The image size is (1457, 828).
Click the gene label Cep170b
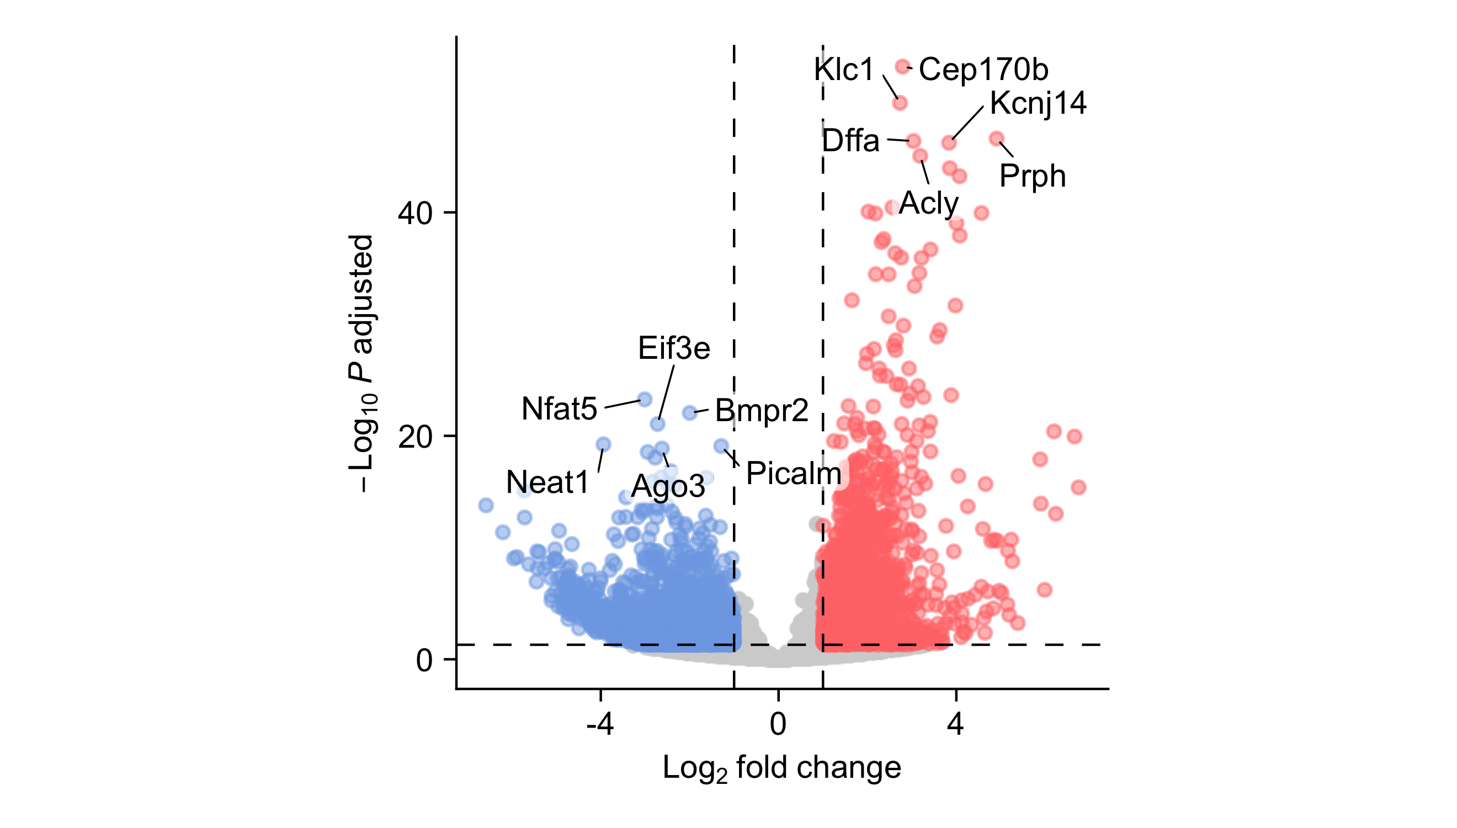983,70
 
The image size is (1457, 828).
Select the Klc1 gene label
844,70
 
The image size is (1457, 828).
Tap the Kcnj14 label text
1038,104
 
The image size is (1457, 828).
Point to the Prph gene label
1032,176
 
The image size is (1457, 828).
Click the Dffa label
850,140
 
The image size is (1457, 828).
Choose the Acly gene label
928,203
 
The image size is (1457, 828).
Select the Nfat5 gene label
559,409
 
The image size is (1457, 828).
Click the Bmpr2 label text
761,411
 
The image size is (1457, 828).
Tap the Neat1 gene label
547,482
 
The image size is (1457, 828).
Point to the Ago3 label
668,487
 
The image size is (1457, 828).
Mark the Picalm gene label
793,473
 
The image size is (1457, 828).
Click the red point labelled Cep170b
902,67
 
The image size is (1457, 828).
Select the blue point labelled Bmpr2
689,412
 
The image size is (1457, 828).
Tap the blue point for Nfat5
644,399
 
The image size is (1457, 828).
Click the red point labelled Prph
996,138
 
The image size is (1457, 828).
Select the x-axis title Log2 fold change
781,768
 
